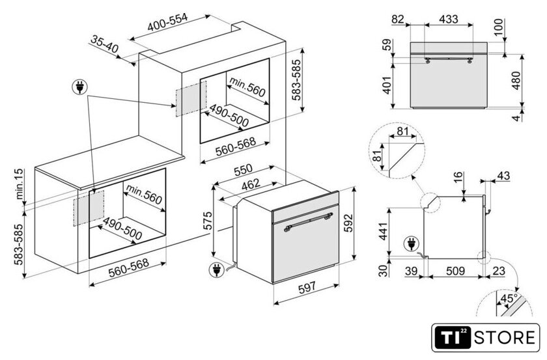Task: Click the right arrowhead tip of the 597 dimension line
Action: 339,285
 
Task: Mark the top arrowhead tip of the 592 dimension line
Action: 354,187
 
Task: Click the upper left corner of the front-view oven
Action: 410,42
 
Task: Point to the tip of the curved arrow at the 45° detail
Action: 518,291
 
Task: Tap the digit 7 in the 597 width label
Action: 312,286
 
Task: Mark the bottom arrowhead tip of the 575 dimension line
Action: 213,256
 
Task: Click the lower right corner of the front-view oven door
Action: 487,106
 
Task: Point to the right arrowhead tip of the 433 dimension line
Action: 473,25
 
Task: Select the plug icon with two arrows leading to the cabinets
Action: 79,87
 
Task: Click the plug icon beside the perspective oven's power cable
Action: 216,270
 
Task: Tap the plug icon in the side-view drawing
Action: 412,243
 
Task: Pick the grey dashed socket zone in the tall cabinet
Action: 191,99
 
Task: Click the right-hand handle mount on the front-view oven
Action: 470,61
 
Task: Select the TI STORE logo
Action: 485,338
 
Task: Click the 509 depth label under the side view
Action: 455,271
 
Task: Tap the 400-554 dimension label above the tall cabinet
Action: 168,22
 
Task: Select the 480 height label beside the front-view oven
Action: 516,81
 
